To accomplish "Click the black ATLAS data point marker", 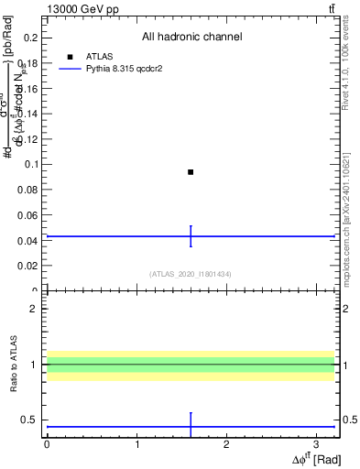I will pos(191,172).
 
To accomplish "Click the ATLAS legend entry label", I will pos(98,57).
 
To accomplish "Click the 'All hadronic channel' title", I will pos(191,37).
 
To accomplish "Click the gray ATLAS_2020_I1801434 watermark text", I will pos(191,274).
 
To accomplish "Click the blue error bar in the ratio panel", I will pos(191,425).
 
